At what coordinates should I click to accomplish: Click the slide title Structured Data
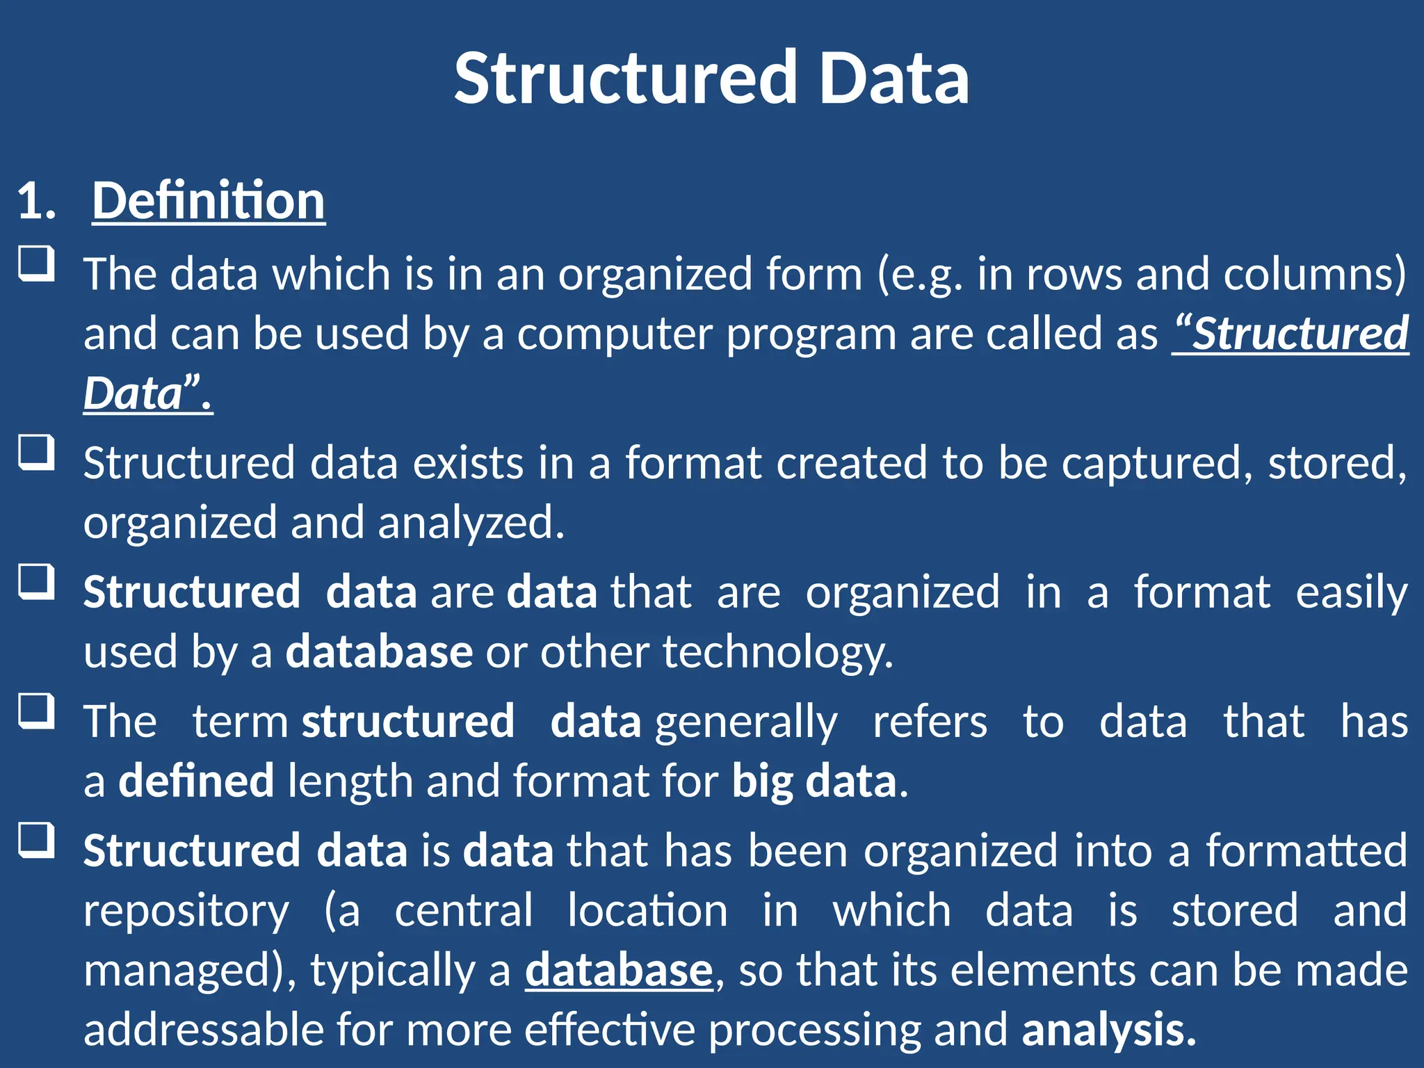tap(711, 78)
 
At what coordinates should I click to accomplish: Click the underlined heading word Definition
tap(209, 201)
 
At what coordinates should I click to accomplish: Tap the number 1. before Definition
tap(36, 202)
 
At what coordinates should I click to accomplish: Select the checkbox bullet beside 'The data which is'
tap(36, 264)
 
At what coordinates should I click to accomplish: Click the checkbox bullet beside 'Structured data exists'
tap(36, 453)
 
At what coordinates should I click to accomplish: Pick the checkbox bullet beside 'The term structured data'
tap(36, 711)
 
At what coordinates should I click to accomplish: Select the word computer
tap(615, 334)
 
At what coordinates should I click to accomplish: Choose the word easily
tap(1352, 592)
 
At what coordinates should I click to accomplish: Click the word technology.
tap(777, 653)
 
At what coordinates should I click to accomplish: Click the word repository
tap(186, 912)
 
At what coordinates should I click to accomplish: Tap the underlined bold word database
tap(619, 971)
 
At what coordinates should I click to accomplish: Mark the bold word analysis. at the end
tap(1109, 1030)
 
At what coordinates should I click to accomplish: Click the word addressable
tap(204, 1030)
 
